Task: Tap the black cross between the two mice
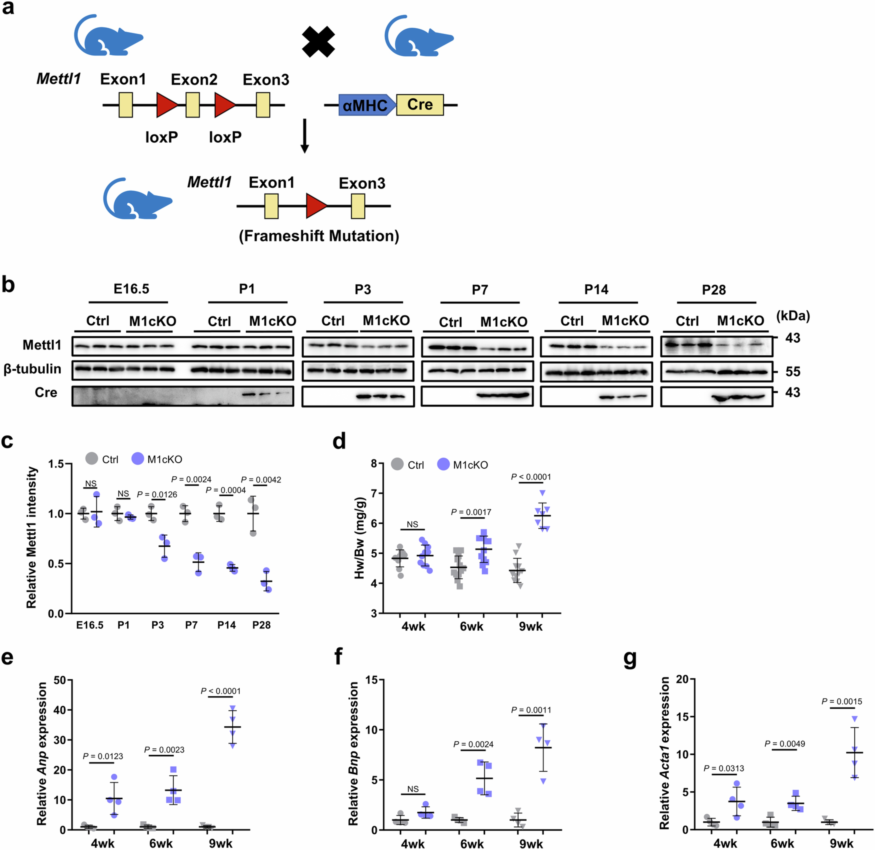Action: (x=318, y=42)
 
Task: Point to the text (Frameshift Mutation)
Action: (x=319, y=236)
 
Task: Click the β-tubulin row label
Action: (x=33, y=369)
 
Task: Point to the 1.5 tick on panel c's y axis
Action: (x=56, y=464)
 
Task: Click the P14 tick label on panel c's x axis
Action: (x=226, y=625)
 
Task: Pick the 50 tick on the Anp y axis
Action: (x=60, y=680)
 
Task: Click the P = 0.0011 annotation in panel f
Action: (x=531, y=710)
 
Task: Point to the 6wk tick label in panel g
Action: (x=782, y=843)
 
